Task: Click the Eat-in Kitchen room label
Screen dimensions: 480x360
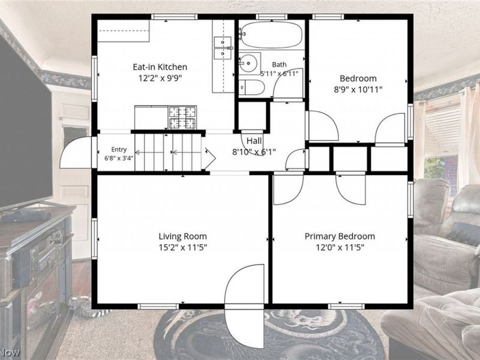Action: click(x=160, y=67)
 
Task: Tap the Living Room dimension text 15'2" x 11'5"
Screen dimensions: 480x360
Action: click(x=183, y=247)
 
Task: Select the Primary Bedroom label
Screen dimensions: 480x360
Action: click(x=340, y=236)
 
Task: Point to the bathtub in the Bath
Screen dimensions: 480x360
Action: click(x=271, y=34)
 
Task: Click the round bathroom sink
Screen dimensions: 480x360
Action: click(x=250, y=64)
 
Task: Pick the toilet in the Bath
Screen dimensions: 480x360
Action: click(x=251, y=88)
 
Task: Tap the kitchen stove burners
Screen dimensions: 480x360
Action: click(x=182, y=117)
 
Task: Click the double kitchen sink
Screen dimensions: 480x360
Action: click(x=223, y=48)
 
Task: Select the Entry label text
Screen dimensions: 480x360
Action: click(x=119, y=149)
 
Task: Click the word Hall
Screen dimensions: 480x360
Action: click(x=254, y=141)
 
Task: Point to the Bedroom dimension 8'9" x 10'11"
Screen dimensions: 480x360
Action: click(x=358, y=89)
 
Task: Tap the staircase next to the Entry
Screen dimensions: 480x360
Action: click(x=168, y=152)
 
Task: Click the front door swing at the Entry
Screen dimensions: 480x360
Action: click(x=76, y=152)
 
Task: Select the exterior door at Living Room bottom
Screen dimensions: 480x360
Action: click(x=244, y=306)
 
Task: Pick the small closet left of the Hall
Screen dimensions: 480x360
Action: click(x=252, y=116)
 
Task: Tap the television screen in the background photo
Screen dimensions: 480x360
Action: click(x=25, y=122)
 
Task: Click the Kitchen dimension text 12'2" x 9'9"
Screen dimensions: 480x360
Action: click(x=160, y=79)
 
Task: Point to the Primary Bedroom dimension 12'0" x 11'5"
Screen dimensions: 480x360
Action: click(x=340, y=247)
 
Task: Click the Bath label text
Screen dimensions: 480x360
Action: click(x=279, y=65)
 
